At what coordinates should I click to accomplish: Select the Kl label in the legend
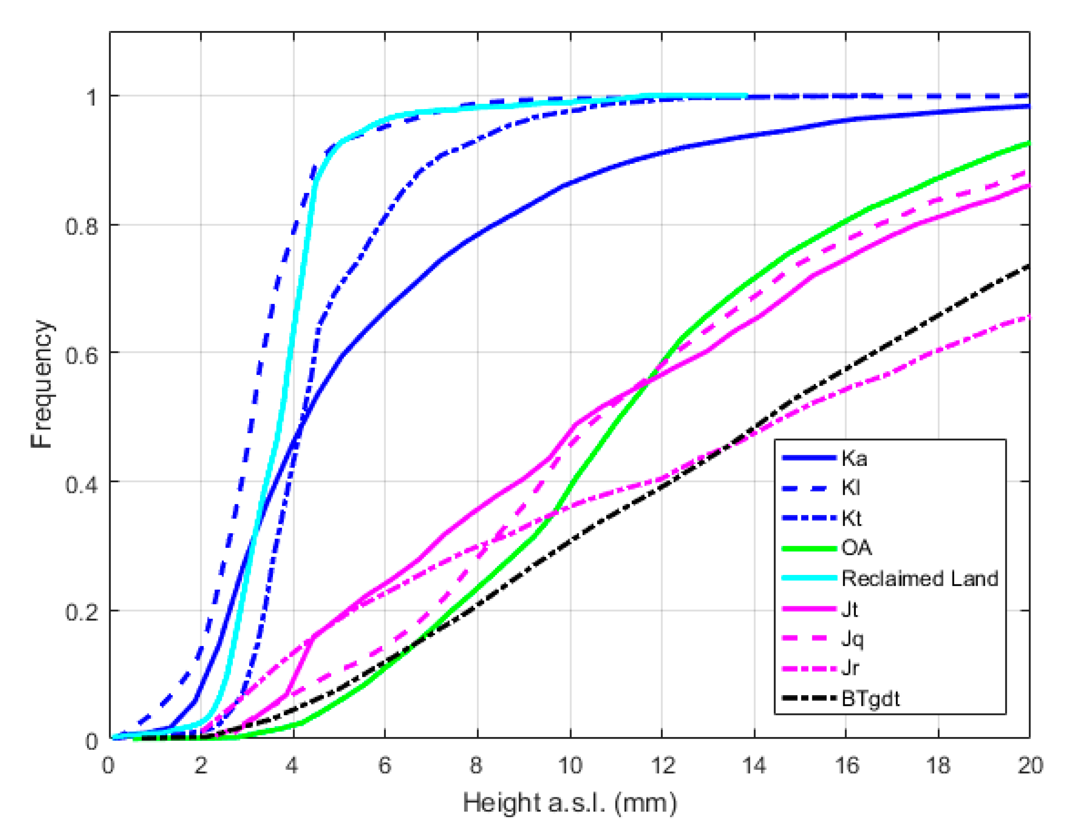coord(851,488)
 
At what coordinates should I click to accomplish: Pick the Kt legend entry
coord(852,518)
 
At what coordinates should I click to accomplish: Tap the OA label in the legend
coord(856,548)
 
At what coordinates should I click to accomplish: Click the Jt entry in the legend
coord(850,609)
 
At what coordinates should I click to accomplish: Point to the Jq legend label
coord(852,639)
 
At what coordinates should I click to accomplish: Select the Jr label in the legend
coord(850,668)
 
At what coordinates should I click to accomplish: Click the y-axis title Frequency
coord(41,384)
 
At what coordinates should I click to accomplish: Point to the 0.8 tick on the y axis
coord(81,226)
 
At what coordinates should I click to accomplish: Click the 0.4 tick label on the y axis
coord(81,484)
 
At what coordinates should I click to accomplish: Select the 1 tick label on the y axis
coord(91,97)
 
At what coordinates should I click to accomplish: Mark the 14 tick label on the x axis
coord(754,766)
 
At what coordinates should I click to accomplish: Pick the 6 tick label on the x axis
coord(384,766)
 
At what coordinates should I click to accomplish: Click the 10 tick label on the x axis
coord(570,766)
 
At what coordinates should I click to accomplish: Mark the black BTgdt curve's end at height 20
coord(1029,266)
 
